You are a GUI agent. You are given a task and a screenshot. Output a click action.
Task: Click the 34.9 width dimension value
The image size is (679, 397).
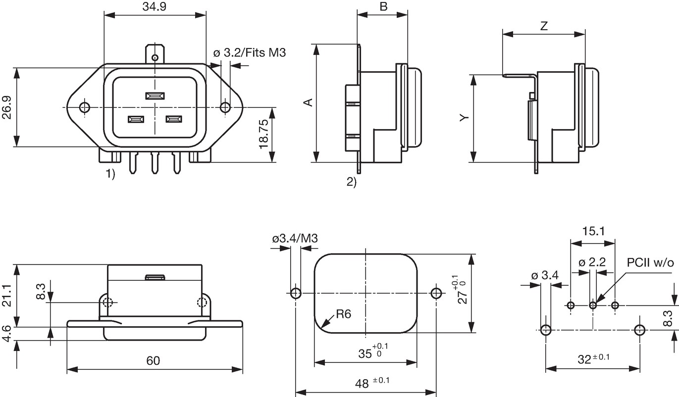(x=155, y=6)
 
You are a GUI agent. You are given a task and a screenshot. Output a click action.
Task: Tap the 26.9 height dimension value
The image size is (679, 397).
(x=6, y=107)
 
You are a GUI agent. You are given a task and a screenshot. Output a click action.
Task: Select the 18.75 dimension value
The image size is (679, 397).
(x=263, y=134)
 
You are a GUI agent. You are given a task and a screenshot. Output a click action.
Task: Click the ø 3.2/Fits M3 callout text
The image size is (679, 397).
(x=250, y=53)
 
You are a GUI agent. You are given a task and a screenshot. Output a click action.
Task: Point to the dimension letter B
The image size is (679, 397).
(x=383, y=6)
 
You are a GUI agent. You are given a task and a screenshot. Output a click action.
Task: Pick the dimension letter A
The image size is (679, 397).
(x=308, y=102)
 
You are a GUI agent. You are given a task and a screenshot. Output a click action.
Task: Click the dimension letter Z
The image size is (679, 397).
(x=544, y=26)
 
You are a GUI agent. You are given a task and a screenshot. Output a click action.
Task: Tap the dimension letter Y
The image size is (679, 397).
(x=464, y=117)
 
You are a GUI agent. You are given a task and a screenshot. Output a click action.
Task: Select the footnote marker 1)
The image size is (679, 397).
(x=110, y=174)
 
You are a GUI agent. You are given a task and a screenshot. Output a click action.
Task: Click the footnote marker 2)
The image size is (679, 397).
(x=352, y=182)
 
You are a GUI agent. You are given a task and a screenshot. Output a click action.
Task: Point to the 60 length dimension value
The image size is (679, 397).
(x=153, y=360)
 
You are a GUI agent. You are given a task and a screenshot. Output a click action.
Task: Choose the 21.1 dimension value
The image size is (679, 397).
(x=6, y=295)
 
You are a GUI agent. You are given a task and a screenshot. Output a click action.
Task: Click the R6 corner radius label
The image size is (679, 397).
(x=343, y=314)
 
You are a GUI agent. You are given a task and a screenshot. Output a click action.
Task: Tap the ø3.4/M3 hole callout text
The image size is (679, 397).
(x=295, y=238)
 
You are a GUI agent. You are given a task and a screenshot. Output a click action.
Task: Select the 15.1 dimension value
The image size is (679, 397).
(x=593, y=231)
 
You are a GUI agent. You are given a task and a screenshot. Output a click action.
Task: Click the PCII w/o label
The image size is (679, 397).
(x=650, y=263)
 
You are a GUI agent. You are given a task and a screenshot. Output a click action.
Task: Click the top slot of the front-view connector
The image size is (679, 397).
(x=155, y=96)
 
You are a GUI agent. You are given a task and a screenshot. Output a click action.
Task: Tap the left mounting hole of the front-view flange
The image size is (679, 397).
(x=85, y=107)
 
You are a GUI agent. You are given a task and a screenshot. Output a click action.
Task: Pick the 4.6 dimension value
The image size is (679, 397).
(x=6, y=333)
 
